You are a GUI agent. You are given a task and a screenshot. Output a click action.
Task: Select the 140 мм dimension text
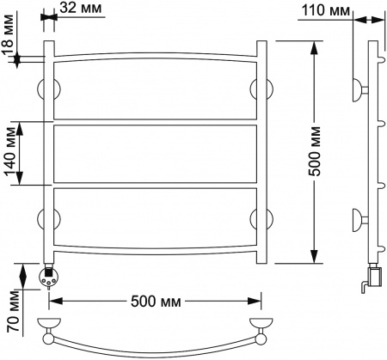click(x=10, y=155)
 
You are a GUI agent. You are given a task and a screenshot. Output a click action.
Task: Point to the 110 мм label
click(x=321, y=11)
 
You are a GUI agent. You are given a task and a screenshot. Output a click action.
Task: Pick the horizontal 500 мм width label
click(x=156, y=302)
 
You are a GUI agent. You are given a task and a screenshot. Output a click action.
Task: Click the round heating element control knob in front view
click(x=49, y=278)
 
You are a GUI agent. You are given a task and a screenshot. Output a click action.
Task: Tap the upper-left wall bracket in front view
click(x=48, y=88)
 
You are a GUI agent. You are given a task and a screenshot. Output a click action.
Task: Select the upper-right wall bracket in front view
click(x=261, y=88)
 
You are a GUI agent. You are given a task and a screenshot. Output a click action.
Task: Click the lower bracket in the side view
click(x=357, y=220)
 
